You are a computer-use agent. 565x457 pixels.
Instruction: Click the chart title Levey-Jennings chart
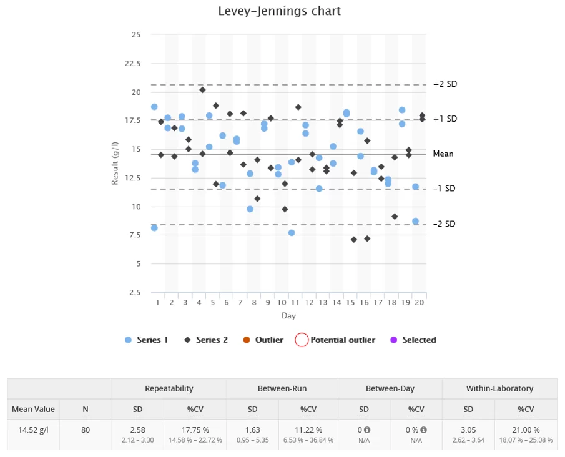point(279,11)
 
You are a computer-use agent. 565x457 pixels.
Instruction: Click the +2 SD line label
point(445,84)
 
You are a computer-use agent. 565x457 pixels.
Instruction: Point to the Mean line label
point(443,154)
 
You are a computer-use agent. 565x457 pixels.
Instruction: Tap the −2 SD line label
point(444,224)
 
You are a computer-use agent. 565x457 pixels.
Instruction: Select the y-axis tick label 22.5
point(132,63)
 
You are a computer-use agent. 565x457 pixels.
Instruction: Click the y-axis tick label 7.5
point(134,235)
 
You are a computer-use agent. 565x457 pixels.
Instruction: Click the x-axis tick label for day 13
point(323,303)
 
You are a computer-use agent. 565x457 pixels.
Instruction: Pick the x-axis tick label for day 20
point(420,303)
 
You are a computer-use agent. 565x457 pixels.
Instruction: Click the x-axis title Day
point(288,316)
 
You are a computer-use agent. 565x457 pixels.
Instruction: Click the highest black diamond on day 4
point(202,90)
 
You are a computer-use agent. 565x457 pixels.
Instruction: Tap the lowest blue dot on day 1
point(154,228)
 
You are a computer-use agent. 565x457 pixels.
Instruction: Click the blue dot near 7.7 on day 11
point(292,233)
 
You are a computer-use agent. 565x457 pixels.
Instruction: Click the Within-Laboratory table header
point(499,388)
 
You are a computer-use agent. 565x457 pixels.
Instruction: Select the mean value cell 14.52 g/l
point(33,430)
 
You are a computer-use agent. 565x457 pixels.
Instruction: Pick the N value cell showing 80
point(86,430)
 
